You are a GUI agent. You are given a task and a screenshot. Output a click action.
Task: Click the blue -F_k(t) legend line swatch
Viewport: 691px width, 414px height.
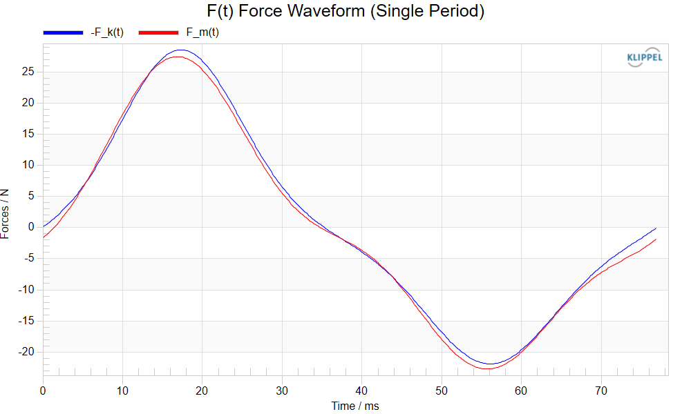(63, 32)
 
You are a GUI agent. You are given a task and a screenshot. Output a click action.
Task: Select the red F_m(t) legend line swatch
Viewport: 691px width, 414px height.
(159, 32)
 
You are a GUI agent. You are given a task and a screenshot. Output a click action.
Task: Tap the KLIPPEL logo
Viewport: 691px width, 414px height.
(644, 57)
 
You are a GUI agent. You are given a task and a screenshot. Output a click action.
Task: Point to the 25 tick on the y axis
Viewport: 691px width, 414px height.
(28, 72)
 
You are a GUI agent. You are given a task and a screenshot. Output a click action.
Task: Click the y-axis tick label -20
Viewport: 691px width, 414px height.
(26, 351)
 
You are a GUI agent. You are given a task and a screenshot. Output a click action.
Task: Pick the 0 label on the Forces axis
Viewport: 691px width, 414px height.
(31, 227)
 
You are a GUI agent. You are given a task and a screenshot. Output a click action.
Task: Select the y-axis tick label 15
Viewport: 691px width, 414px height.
(28, 134)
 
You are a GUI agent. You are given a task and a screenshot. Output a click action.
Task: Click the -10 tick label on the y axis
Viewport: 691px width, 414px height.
(26, 290)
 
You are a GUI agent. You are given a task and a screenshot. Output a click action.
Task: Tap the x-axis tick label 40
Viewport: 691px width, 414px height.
(361, 391)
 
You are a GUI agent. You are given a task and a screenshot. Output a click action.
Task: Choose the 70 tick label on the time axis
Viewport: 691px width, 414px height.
(601, 391)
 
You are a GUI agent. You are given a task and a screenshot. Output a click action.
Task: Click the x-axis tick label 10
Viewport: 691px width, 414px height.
(122, 391)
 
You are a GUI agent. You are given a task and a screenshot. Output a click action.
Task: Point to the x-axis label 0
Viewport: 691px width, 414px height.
(43, 391)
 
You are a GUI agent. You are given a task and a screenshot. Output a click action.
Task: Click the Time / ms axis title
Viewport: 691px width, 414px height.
(355, 406)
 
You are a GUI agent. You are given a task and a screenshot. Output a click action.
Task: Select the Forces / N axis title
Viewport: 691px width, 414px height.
(5, 215)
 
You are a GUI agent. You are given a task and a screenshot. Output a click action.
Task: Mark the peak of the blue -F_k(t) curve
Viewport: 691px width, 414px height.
(180, 50)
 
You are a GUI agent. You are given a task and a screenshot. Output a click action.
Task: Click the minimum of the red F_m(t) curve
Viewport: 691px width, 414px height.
(486, 368)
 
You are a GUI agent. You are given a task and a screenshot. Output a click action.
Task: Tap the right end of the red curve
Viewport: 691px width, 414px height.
(656, 239)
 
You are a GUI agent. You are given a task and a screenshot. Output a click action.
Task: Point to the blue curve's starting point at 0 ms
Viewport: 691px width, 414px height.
(43, 226)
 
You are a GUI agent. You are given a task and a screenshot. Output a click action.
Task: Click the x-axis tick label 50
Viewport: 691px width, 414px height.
(442, 391)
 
